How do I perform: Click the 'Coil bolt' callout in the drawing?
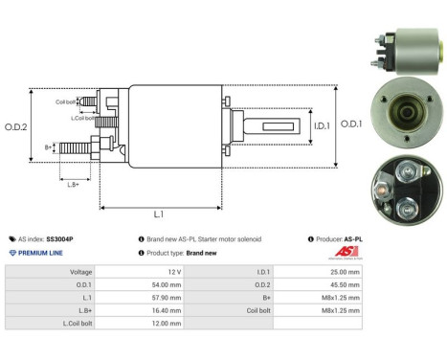(66, 101)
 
